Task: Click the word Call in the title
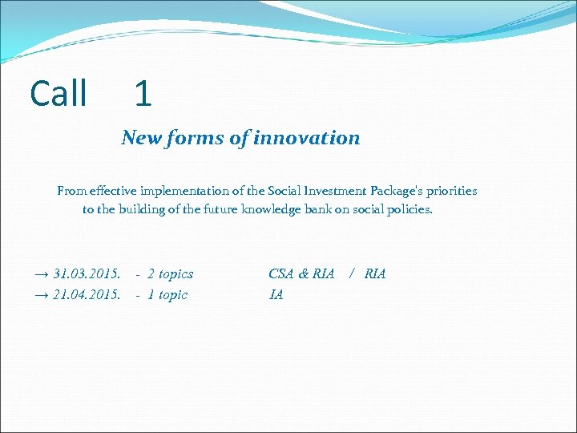pos(59,94)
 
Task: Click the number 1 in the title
pos(143,94)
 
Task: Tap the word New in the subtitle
pos(141,138)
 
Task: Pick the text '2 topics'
pos(170,274)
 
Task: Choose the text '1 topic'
pos(167,295)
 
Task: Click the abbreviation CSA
pos(281,274)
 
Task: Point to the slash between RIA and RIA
pos(351,274)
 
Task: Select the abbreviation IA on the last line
pos(276,295)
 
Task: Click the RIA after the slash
pos(375,274)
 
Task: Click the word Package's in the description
pos(378,191)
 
